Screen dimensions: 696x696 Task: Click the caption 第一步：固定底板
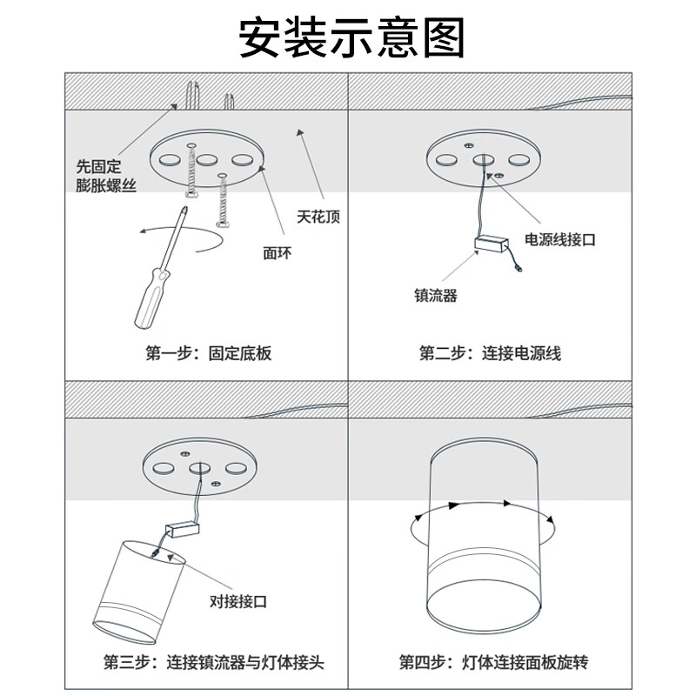coord(208,353)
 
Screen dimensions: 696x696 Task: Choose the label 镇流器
coord(435,296)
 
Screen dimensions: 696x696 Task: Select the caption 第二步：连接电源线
coord(490,353)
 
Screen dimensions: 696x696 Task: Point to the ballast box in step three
coord(182,528)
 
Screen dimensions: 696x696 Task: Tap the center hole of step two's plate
coord(483,160)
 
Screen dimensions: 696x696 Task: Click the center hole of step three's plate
coord(197,467)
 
